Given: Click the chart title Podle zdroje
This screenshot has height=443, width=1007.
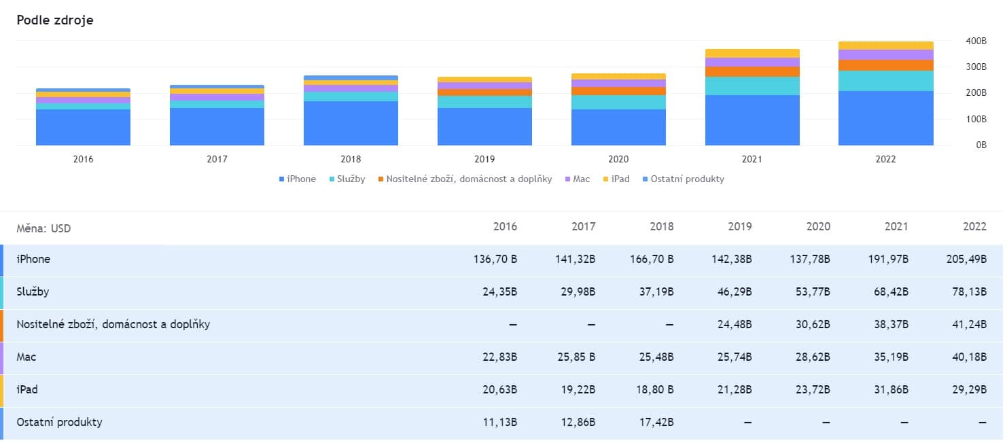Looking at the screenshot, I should [x=55, y=20].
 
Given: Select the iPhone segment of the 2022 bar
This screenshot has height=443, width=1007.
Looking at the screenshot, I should [x=885, y=118].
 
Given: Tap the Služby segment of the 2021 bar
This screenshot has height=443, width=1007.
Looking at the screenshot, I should [x=752, y=86].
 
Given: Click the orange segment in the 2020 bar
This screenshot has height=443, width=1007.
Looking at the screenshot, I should [x=618, y=91].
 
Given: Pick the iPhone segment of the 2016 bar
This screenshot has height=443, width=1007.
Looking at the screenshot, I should [x=83, y=127].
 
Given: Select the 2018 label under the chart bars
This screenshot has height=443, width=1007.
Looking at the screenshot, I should [x=351, y=160].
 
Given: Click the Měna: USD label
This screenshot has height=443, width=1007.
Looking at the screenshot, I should [x=43, y=228].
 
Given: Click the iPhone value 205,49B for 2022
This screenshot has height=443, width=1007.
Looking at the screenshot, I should [x=966, y=260].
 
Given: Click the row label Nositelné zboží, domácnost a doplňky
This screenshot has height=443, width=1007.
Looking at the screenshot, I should [x=113, y=325].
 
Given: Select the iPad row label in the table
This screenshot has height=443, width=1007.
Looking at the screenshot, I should [x=27, y=390].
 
